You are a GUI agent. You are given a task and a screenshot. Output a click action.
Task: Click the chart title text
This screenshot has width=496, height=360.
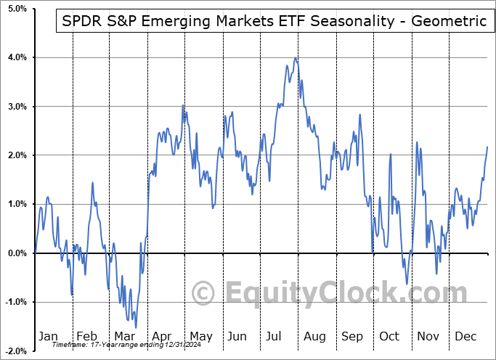(271, 21)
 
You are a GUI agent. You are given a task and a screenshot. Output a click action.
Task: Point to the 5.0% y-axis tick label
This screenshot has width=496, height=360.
(16, 9)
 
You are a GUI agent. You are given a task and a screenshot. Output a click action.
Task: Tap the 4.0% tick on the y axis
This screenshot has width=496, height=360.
(16, 57)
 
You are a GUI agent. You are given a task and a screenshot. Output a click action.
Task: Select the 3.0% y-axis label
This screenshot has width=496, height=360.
(16, 107)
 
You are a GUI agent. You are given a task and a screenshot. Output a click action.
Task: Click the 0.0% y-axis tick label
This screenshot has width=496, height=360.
(16, 253)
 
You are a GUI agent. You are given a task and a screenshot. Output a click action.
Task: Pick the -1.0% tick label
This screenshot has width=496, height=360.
(15, 302)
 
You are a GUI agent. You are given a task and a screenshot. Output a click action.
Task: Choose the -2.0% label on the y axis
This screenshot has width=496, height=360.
(15, 351)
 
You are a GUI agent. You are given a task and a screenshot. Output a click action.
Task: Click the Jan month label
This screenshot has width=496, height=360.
(48, 337)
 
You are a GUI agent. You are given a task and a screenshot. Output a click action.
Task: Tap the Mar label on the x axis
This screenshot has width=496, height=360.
(124, 337)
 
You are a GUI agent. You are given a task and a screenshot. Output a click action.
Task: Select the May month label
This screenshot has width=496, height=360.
(200, 337)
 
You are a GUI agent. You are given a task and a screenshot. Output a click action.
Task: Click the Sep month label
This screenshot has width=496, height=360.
(353, 337)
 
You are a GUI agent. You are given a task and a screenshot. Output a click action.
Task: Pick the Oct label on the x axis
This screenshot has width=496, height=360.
(390, 337)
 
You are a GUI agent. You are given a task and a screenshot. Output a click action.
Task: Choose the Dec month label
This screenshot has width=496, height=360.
(466, 337)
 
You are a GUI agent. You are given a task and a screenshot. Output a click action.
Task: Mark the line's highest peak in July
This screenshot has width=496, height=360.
(295, 58)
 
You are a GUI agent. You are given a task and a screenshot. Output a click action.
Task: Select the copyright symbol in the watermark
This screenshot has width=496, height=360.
(203, 293)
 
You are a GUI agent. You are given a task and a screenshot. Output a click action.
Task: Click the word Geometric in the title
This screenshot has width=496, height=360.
(450, 21)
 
